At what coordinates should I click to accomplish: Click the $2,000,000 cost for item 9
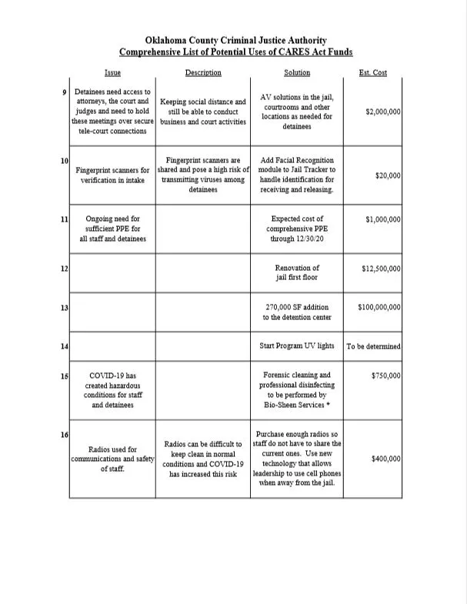click(x=383, y=112)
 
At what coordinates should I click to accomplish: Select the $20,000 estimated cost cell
click(x=388, y=175)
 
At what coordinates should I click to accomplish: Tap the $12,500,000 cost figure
click(x=381, y=269)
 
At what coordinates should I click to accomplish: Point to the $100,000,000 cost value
click(x=379, y=307)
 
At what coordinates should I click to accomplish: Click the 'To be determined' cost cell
click(x=373, y=346)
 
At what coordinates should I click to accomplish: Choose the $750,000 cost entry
click(x=385, y=375)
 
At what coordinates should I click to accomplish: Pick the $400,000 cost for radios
click(x=385, y=459)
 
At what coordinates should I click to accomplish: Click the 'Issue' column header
click(x=112, y=73)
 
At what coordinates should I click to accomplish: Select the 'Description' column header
click(x=203, y=73)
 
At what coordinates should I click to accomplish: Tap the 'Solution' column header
click(x=296, y=73)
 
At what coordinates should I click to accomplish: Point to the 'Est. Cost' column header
click(x=373, y=73)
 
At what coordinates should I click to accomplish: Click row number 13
click(x=65, y=308)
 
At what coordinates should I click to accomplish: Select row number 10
click(x=65, y=160)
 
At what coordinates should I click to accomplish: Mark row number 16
click(x=65, y=436)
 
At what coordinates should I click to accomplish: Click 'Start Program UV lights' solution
click(x=297, y=346)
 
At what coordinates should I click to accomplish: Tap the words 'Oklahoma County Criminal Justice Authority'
click(x=236, y=41)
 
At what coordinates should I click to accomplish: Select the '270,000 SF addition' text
click(x=297, y=307)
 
